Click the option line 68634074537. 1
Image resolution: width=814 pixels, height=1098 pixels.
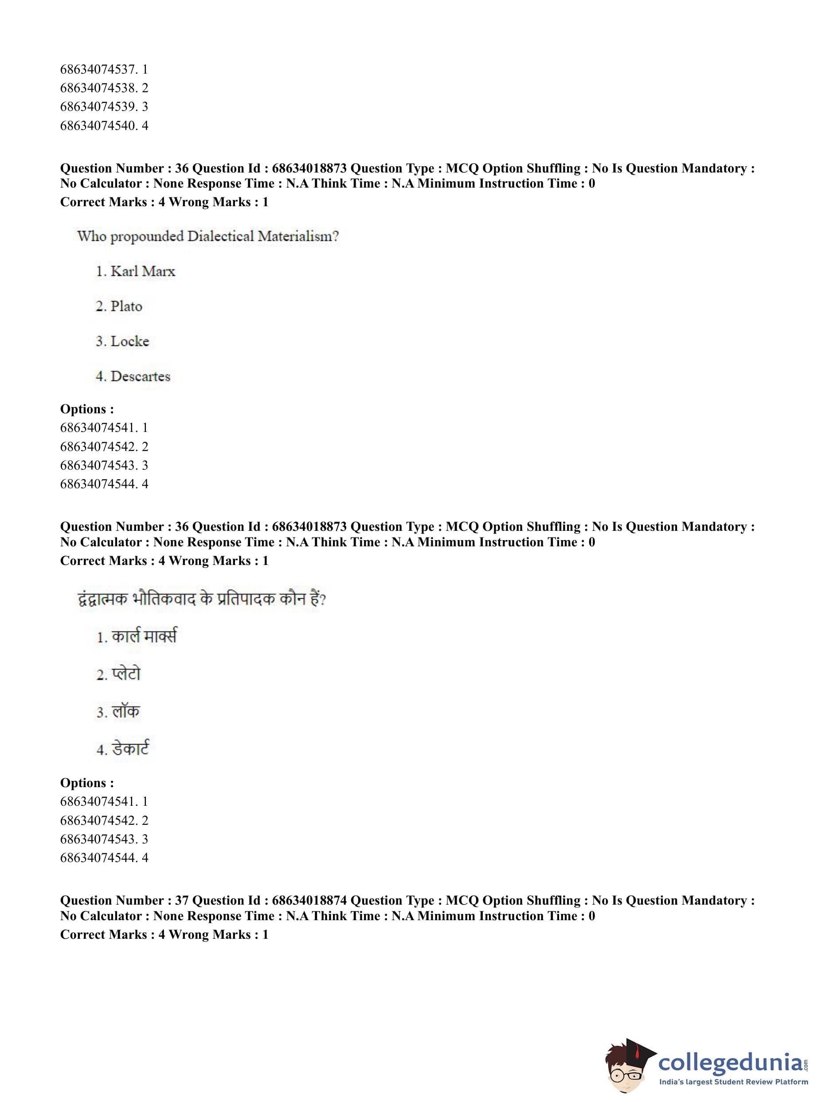tap(104, 70)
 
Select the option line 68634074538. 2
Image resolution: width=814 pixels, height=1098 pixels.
tap(104, 88)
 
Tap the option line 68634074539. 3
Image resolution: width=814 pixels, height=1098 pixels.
tap(104, 107)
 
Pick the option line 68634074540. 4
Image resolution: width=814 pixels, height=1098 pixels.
tap(104, 125)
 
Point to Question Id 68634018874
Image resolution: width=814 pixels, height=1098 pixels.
tap(309, 901)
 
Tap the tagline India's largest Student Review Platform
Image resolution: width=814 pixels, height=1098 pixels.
tap(733, 1082)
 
